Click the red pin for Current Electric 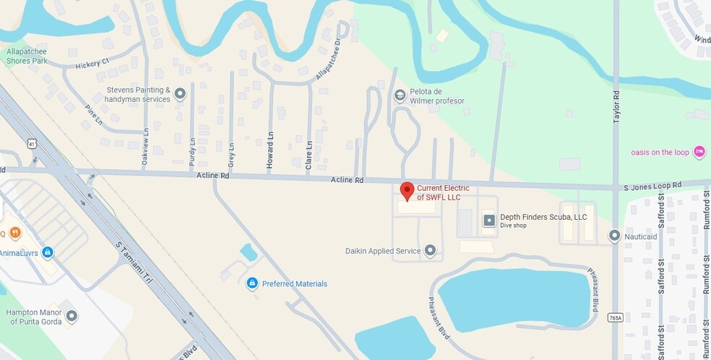pos(407,192)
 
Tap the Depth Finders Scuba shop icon pos(489,220)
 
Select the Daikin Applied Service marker pos(431,251)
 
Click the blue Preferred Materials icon pos(252,283)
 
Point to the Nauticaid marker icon pos(615,236)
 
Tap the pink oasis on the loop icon pos(699,152)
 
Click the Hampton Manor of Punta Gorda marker pos(72,316)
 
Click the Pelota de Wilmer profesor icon pos(400,95)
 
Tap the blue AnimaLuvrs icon pos(48,252)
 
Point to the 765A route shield pos(615,317)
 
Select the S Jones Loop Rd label pos(652,186)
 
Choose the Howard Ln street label pos(270,150)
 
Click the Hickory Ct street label pos(92,64)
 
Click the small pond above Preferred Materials pos(249,252)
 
